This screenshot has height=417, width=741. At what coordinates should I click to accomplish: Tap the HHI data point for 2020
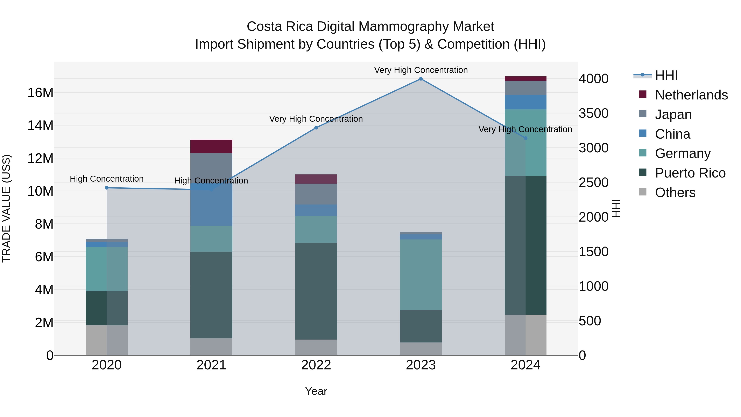tap(107, 188)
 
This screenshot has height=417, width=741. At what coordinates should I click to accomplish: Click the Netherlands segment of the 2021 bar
tap(211, 146)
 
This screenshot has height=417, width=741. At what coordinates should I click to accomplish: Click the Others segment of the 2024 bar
tap(525, 335)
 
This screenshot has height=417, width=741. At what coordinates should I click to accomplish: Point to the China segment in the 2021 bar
tap(211, 207)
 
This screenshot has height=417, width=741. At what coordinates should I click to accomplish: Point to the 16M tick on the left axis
tap(40, 93)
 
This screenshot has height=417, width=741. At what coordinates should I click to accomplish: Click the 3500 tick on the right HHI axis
tap(593, 113)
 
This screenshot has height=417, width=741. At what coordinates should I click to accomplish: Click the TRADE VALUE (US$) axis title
tap(6, 209)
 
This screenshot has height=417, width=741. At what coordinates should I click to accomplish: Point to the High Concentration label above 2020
tap(107, 179)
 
